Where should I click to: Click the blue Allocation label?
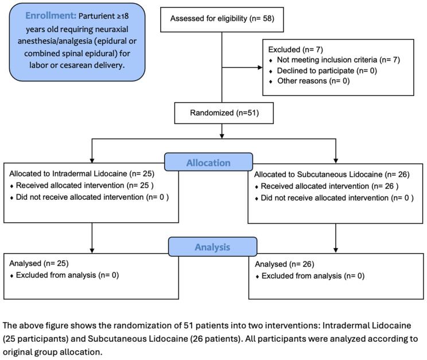208,162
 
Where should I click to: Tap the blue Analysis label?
212,247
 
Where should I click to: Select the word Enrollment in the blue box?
51,16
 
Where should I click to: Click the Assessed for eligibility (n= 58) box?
222,20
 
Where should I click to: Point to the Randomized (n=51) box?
224,113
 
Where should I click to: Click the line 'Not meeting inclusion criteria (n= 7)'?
338,60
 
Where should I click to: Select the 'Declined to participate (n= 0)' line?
327,71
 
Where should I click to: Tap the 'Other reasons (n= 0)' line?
313,81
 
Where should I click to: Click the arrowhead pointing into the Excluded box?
260,67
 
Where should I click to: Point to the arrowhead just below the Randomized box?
222,136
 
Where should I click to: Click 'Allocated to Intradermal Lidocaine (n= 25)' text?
81,174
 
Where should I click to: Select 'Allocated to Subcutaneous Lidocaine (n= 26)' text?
332,175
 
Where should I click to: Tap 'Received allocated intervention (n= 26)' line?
329,187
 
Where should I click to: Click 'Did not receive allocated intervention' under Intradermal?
92,198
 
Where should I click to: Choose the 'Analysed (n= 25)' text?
39,264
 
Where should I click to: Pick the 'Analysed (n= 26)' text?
285,264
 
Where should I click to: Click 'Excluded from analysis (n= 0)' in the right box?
313,276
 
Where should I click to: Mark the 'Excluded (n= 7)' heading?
296,49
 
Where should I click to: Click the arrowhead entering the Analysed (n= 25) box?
92,250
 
